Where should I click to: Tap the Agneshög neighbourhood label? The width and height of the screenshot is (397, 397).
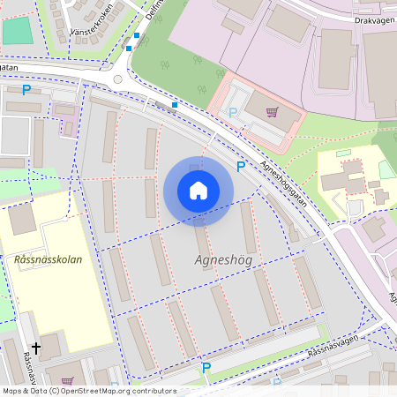pyautogui.click(x=222, y=261)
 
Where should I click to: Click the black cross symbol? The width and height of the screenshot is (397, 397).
pyautogui.click(x=36, y=348)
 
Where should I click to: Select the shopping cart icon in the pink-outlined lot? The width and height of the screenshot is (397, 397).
pyautogui.click(x=272, y=112)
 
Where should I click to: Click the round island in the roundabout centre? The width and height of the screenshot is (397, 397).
pyautogui.click(x=118, y=79)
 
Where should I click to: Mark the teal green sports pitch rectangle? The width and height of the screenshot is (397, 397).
pyautogui.click(x=16, y=31)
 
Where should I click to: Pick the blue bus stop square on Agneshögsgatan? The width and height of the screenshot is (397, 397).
pyautogui.click(x=175, y=105)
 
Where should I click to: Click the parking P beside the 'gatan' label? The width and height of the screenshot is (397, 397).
pyautogui.click(x=26, y=89)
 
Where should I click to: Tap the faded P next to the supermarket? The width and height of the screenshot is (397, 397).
pyautogui.click(x=233, y=112)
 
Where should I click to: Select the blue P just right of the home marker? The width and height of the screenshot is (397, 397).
pyautogui.click(x=240, y=167)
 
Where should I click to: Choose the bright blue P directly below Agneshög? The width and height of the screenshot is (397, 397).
pyautogui.click(x=206, y=367)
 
